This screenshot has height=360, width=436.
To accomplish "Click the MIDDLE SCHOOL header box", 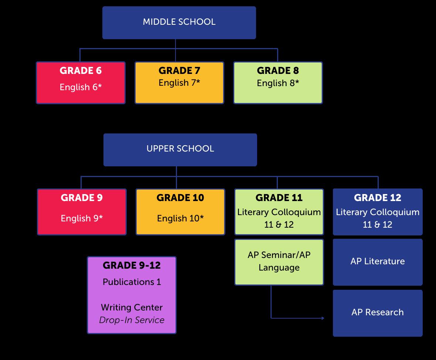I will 179,22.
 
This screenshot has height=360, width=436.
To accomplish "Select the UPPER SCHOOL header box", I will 180,149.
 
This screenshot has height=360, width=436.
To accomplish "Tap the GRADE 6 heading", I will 81,71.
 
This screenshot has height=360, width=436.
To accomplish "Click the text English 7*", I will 179,83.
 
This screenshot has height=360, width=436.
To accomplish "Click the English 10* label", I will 180,218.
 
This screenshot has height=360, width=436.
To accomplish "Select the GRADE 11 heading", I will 279,198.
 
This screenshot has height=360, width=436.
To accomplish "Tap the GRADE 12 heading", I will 377,198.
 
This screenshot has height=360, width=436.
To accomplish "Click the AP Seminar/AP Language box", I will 279,262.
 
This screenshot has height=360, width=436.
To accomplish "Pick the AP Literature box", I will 377,262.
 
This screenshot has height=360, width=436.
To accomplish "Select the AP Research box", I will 377,313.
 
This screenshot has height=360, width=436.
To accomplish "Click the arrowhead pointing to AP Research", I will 323,318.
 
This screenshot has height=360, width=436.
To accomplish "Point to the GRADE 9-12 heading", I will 132,265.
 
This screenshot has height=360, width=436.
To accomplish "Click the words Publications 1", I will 132,282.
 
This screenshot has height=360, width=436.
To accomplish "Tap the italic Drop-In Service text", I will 132,320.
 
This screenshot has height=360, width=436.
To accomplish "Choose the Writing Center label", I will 132,308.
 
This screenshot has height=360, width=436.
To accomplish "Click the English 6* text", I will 81,87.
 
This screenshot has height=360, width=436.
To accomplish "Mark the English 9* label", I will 82,218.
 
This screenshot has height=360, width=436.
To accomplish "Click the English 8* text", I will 278,83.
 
